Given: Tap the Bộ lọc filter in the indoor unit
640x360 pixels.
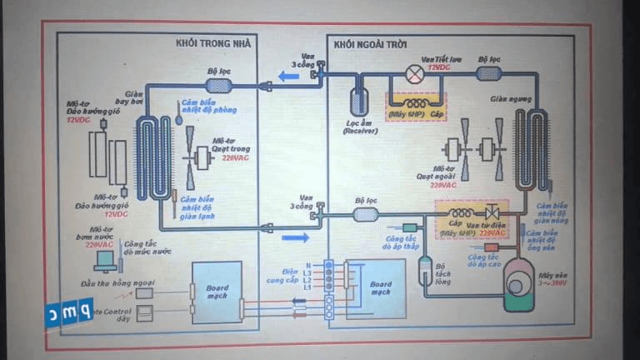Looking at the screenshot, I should (x=218, y=86).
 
